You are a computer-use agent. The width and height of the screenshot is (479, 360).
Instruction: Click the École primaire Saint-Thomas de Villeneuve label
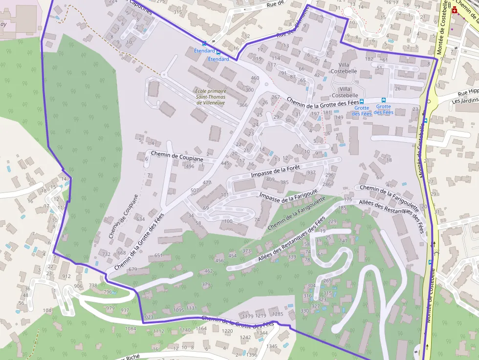[211, 97]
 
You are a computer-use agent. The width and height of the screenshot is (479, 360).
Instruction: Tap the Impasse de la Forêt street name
[274, 170]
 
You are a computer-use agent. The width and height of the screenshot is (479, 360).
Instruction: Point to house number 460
[255, 78]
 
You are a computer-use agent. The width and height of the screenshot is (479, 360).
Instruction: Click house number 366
[243, 105]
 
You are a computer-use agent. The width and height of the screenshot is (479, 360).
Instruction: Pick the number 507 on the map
[195, 190]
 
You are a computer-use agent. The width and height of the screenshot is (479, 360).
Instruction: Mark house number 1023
[149, 317]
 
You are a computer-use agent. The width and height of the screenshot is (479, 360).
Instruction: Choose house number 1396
[251, 355]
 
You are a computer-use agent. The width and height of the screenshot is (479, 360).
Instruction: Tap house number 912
[66, 276]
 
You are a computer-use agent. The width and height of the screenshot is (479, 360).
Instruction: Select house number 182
[369, 59]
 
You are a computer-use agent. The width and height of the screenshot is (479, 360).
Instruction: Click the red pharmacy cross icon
[455, 10]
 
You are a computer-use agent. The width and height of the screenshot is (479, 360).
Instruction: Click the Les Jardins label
[465, 101]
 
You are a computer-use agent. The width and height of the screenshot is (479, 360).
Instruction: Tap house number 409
[270, 179]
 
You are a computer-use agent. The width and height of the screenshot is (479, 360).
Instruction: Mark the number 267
[276, 97]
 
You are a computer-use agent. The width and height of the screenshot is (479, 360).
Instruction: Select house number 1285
[278, 314]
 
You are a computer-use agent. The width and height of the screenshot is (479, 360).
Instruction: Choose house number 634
[140, 219]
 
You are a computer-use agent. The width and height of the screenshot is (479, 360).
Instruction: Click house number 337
[311, 172]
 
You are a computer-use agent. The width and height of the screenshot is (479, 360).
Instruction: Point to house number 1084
[130, 329]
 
